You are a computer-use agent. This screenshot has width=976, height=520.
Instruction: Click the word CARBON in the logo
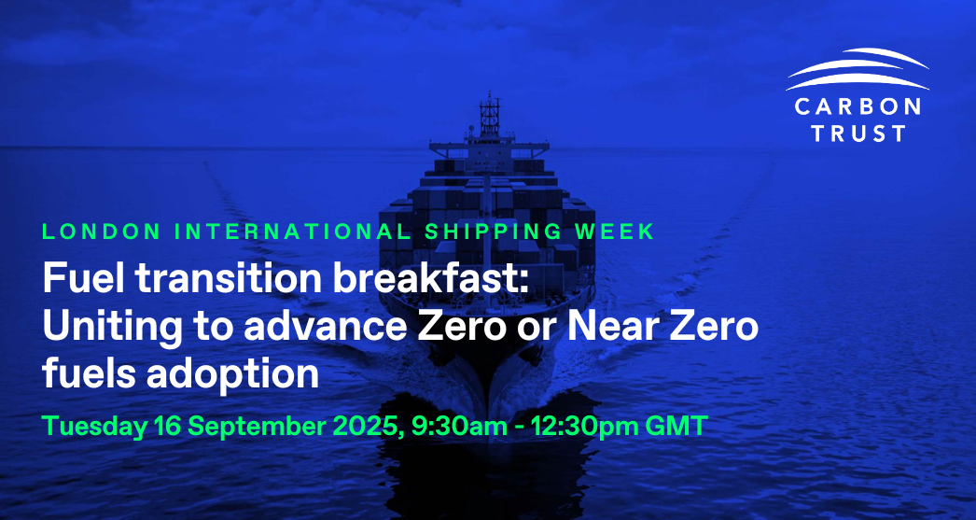click(x=857, y=105)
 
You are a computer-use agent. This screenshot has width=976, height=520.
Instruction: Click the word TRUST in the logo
click(x=857, y=133)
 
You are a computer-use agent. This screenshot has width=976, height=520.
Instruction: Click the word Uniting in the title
click(x=101, y=328)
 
